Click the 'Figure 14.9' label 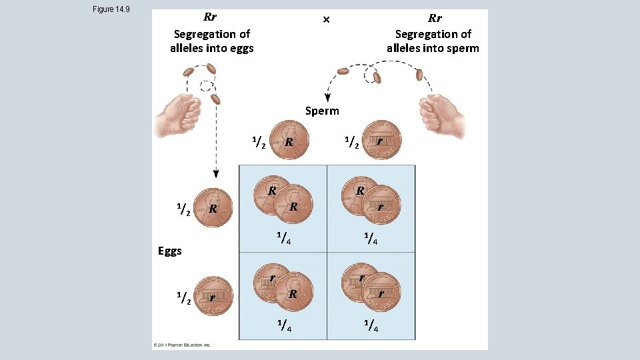(x=111, y=9)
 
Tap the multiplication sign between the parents (x=326, y=19)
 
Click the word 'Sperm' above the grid (x=322, y=111)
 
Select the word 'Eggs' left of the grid (x=170, y=251)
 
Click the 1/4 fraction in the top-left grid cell (x=283, y=236)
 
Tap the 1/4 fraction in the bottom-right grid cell (x=372, y=326)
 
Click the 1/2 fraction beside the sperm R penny (x=259, y=142)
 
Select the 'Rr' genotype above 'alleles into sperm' (x=435, y=18)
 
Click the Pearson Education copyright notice (x=182, y=345)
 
